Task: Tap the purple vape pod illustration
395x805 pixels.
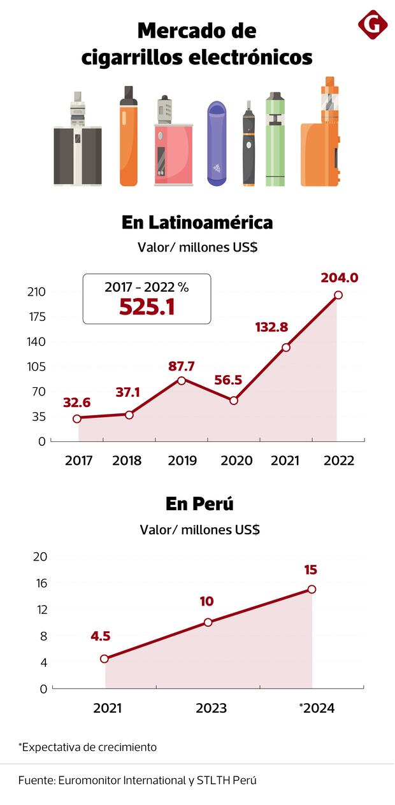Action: (217, 143)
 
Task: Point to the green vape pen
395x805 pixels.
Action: (275, 140)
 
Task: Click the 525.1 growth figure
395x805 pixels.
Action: (147, 307)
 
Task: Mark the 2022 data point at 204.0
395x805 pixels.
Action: (338, 295)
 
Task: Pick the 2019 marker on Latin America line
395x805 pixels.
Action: (182, 380)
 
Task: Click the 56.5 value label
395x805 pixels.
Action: (227, 380)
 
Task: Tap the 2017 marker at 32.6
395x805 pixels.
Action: (77, 418)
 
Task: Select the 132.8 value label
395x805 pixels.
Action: (271, 327)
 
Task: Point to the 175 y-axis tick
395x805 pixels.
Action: (36, 317)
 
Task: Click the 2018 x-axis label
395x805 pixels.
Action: (127, 460)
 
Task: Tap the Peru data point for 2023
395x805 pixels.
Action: (208, 622)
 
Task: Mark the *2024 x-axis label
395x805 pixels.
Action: (317, 708)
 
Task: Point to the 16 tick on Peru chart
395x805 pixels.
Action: (39, 583)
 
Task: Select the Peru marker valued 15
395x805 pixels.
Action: (312, 589)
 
